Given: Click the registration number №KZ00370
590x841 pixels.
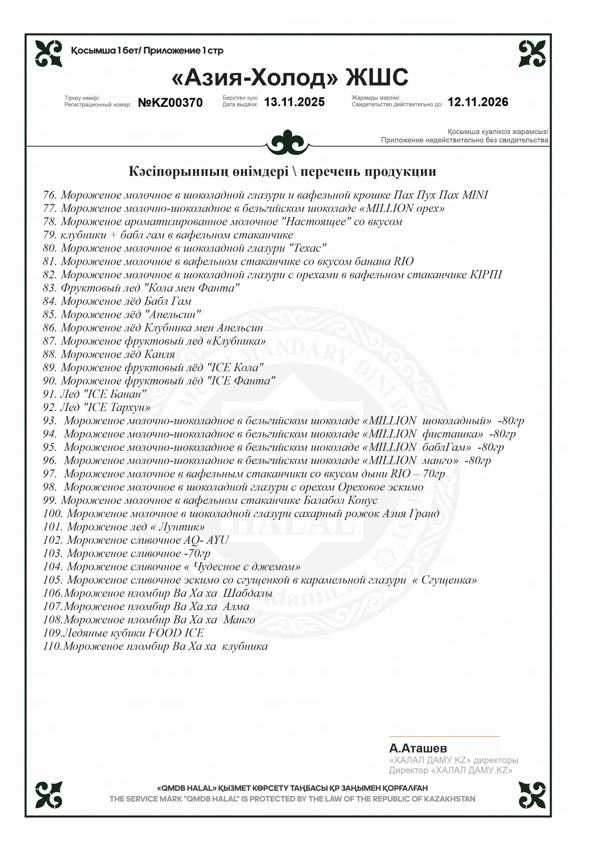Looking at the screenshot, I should (170, 103).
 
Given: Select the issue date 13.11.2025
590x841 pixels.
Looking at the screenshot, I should (294, 102).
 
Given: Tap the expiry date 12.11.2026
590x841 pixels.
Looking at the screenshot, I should (478, 102).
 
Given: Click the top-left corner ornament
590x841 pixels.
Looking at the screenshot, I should (49, 53).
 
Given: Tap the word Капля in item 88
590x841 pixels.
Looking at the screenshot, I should (159, 354).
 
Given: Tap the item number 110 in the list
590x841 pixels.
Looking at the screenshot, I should (52, 646).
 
